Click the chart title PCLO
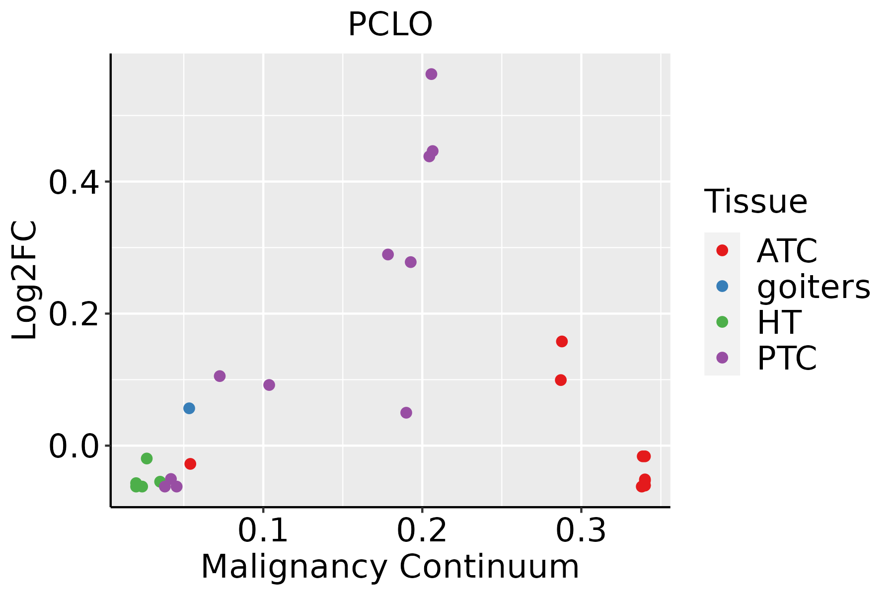(390, 25)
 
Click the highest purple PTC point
(431, 74)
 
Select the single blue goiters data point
(189, 408)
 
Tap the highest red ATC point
(562, 341)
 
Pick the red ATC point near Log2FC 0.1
(561, 380)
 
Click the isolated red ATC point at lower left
(190, 464)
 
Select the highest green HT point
(147, 458)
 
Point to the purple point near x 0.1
(269, 385)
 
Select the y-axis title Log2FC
(25, 281)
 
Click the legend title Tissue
(756, 202)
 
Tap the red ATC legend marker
(722, 250)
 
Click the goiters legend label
(814, 287)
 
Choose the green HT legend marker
(722, 322)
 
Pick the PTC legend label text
(787, 358)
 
